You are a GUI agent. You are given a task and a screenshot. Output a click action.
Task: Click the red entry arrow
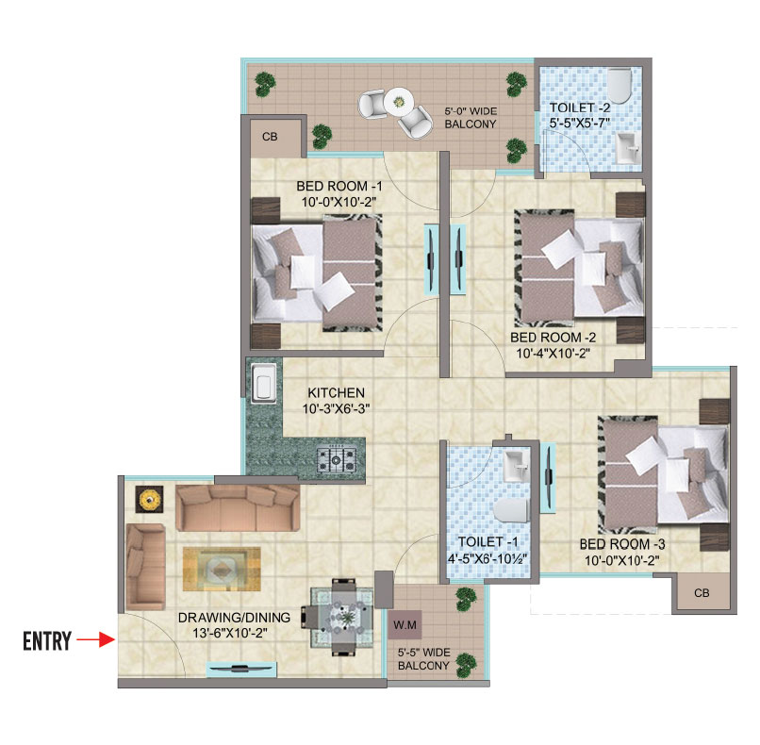95,641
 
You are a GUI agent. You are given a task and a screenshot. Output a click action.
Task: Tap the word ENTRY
47,642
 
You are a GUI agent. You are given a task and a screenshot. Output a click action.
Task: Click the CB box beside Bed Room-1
270,138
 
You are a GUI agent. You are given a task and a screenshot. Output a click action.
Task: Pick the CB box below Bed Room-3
702,593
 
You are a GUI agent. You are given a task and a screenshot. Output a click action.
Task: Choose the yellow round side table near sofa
148,499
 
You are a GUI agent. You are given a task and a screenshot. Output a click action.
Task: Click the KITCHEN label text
335,392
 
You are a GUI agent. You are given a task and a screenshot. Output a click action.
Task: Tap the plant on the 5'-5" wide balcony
463,597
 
